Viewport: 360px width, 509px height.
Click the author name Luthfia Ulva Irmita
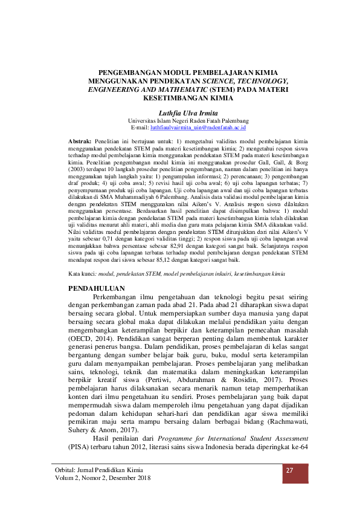coord(179,112)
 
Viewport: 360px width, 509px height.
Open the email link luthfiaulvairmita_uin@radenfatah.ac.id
coord(196,128)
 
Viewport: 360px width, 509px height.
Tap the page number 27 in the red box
coord(289,470)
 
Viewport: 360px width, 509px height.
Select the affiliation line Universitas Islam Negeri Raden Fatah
coord(179,120)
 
